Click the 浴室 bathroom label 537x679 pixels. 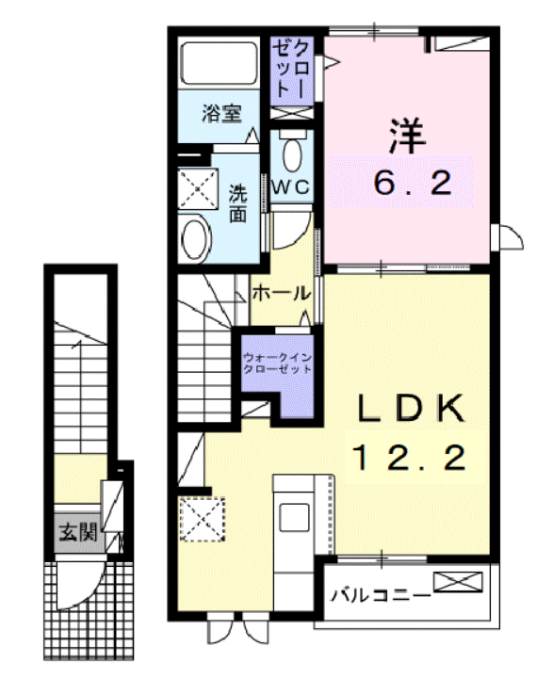(x=223, y=116)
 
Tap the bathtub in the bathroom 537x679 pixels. (x=220, y=63)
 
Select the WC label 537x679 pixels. (x=291, y=186)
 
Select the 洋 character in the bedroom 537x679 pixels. (x=407, y=136)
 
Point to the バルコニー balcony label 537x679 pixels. (x=381, y=595)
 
